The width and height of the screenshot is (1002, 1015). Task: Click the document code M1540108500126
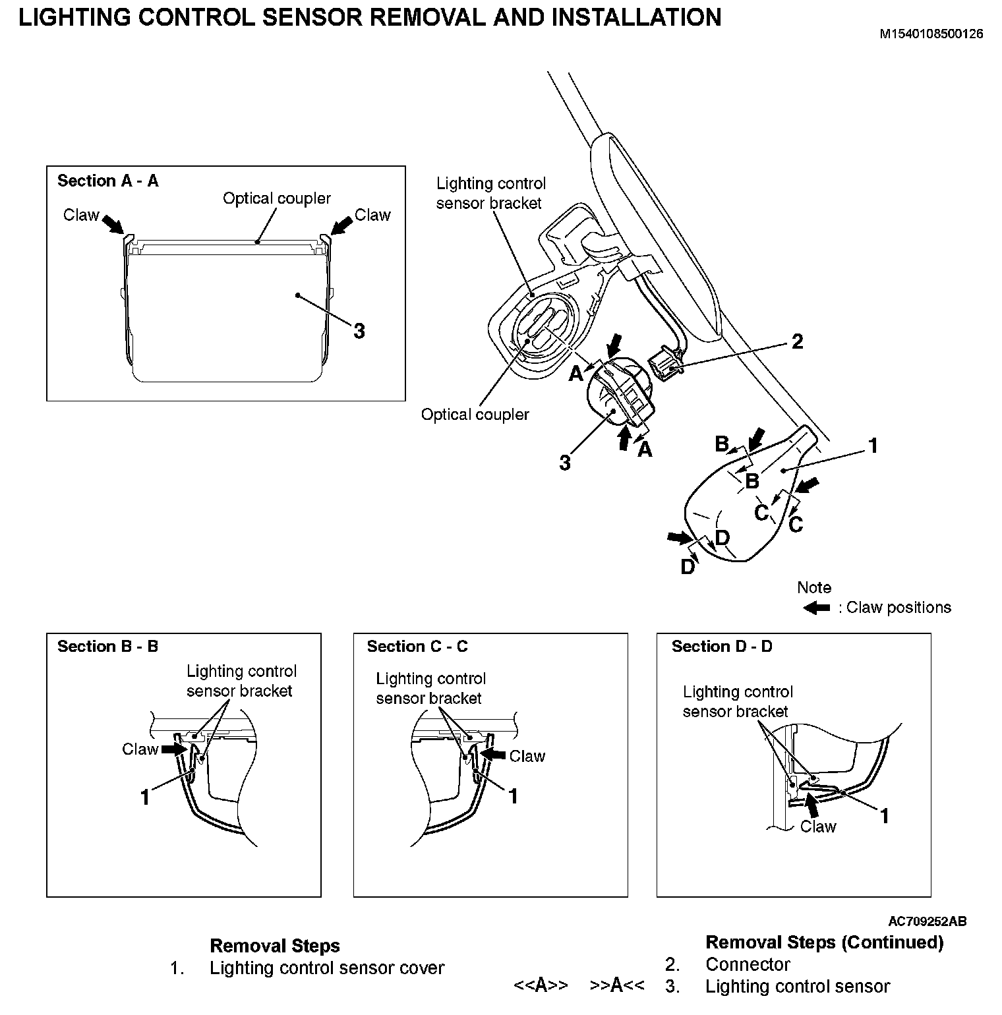tap(931, 34)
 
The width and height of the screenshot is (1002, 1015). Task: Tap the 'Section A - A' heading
tap(108, 181)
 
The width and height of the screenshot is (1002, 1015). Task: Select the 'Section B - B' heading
tap(108, 646)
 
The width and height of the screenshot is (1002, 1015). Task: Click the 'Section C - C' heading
tap(417, 646)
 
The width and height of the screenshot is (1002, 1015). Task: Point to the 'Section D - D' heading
tap(722, 646)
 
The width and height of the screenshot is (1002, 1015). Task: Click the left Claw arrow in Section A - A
tap(113, 223)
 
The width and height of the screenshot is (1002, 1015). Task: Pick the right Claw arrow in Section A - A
tap(342, 224)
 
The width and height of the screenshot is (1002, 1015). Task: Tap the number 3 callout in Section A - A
tap(359, 330)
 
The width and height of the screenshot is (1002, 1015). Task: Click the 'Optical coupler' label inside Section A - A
tap(277, 198)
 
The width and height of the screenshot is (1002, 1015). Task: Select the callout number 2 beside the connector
tap(797, 341)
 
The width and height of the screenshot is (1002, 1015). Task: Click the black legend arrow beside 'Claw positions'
tap(817, 607)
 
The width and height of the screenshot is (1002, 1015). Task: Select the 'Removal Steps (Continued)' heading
tap(824, 942)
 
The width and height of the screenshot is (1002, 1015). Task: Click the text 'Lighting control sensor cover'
tap(327, 968)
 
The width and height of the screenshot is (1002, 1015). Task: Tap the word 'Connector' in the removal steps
tap(748, 964)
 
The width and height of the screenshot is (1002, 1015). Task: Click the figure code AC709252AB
tap(928, 921)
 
